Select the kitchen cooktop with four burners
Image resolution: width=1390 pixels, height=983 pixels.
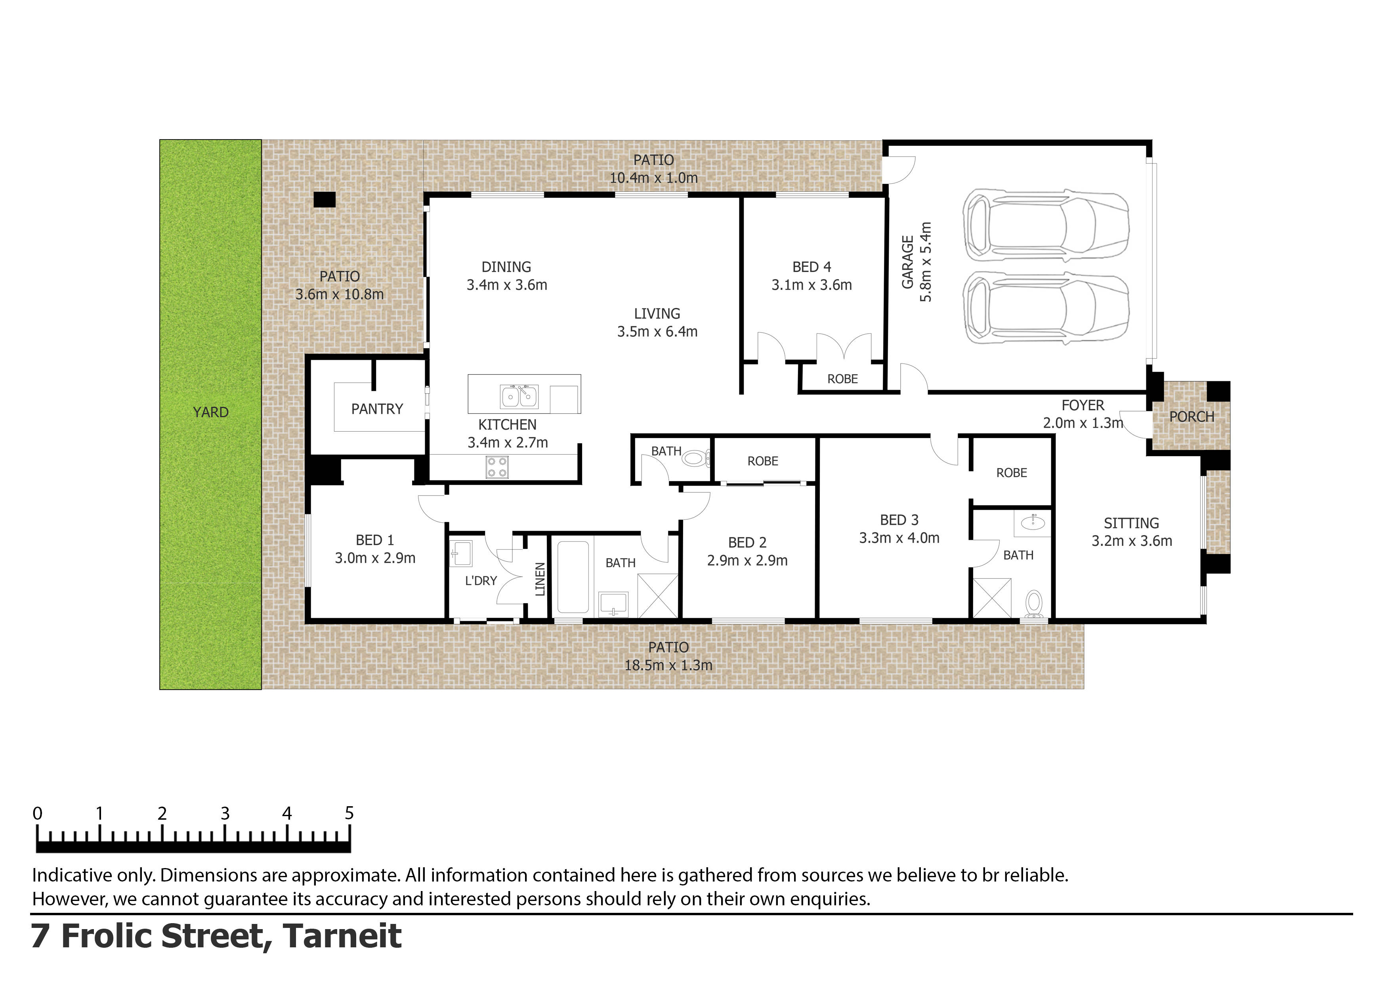497,467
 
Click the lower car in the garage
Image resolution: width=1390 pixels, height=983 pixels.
1046,307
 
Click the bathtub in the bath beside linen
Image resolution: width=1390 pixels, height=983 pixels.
573,577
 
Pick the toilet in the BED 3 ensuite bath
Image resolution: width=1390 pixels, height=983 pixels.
1034,603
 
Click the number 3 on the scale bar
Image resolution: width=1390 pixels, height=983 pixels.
225,813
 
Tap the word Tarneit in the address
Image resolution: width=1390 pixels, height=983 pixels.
342,936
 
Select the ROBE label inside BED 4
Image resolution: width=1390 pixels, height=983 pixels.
842,379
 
